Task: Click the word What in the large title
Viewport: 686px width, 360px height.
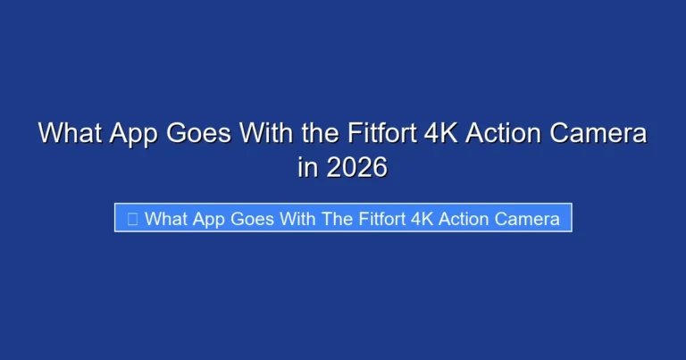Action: [x=71, y=134]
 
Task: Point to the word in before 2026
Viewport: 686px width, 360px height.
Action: [x=307, y=166]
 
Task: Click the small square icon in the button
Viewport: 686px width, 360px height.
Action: [x=132, y=219]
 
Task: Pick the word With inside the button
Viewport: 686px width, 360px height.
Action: [x=298, y=219]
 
